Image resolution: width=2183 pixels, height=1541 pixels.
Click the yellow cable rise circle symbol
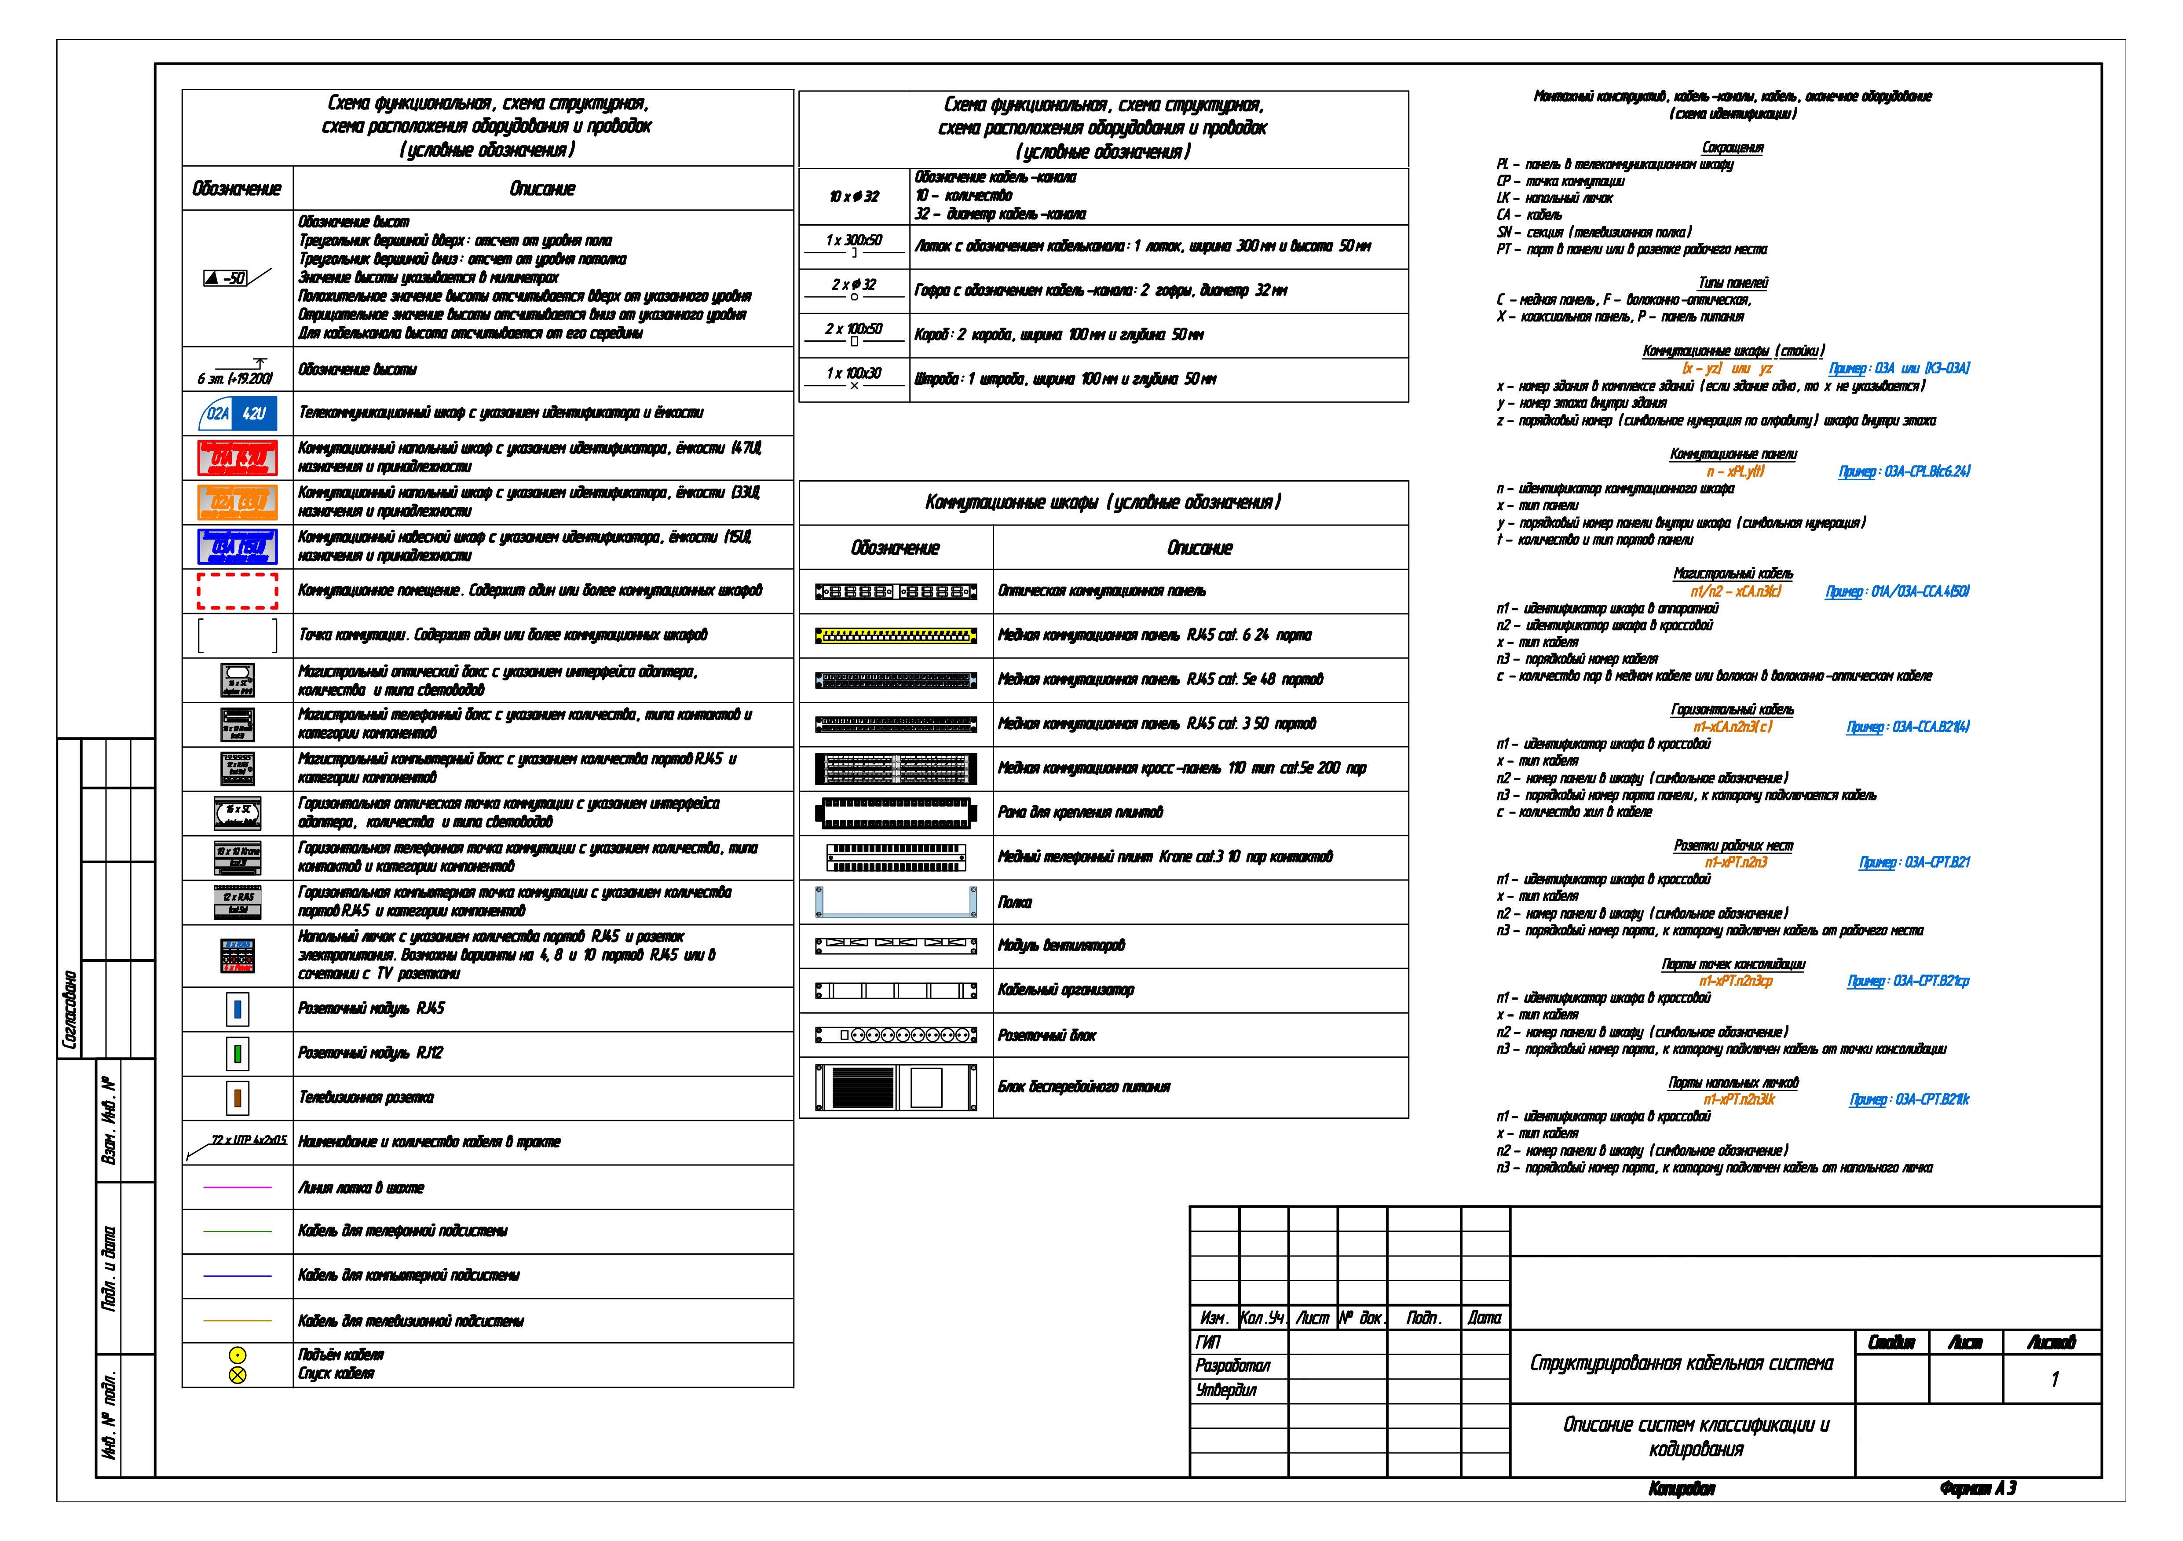click(238, 1355)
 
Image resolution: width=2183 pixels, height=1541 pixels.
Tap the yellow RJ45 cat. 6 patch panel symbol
click(896, 635)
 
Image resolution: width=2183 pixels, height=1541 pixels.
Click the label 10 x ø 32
click(854, 197)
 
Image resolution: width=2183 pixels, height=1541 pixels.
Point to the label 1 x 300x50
click(854, 241)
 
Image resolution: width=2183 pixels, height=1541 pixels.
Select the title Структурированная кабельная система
click(1681, 1363)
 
